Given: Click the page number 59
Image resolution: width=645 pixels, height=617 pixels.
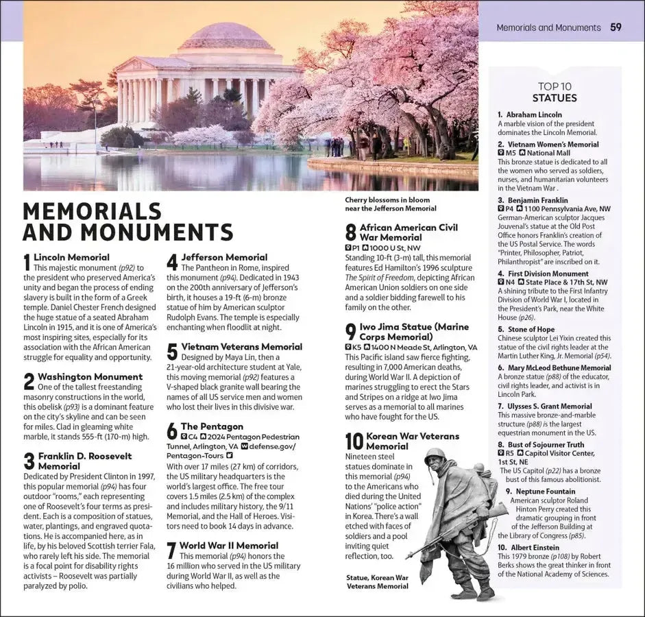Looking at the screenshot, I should [616, 27].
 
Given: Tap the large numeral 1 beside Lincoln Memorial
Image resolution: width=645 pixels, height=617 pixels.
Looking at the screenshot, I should [27, 262].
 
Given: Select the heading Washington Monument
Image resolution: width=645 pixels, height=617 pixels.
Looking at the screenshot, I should [90, 376].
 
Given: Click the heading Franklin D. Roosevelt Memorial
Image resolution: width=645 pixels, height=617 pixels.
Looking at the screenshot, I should [84, 461].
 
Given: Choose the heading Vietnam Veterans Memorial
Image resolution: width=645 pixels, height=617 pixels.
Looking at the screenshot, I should [241, 347].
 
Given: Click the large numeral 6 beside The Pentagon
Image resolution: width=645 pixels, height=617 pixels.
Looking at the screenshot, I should [172, 431].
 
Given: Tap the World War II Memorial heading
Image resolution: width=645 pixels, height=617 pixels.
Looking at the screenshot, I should [229, 546].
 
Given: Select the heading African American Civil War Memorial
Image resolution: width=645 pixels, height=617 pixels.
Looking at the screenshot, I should [409, 232].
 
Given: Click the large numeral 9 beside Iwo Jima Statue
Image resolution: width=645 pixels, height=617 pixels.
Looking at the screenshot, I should [350, 332].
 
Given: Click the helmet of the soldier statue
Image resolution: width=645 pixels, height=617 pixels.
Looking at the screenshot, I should [435, 455].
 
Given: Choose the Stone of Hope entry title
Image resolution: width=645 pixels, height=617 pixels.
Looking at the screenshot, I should [526, 329].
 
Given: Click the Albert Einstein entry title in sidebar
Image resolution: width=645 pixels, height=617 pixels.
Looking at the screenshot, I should [528, 547].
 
